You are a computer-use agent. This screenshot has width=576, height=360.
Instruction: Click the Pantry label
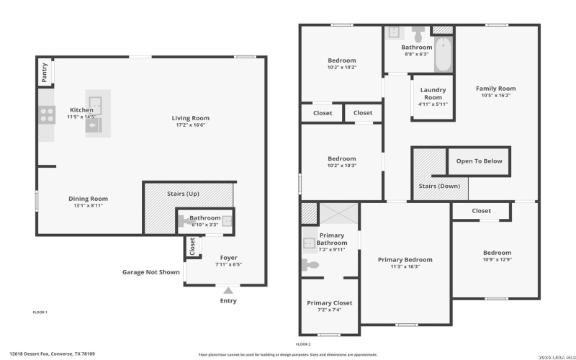(x=45, y=73)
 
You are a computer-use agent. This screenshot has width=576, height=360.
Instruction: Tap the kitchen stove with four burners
(x=47, y=115)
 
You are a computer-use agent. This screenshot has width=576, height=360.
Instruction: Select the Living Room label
(x=190, y=118)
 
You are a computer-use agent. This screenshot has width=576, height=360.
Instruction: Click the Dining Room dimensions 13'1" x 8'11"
(x=88, y=206)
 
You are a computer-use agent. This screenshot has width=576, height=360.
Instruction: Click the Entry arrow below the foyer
(x=228, y=289)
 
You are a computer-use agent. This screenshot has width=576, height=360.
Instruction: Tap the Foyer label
(x=228, y=257)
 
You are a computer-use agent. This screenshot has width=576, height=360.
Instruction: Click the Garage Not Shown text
(x=150, y=272)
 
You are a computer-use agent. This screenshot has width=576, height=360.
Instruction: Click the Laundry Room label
(x=433, y=94)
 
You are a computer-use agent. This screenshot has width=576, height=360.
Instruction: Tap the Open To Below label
(x=480, y=161)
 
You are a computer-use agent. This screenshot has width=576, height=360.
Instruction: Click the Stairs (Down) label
(x=439, y=186)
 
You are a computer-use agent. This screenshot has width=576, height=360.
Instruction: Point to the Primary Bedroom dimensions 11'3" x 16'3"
(x=405, y=266)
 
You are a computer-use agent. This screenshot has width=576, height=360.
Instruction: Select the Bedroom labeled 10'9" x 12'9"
(x=497, y=253)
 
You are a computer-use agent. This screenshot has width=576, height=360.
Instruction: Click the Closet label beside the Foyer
(x=192, y=246)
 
